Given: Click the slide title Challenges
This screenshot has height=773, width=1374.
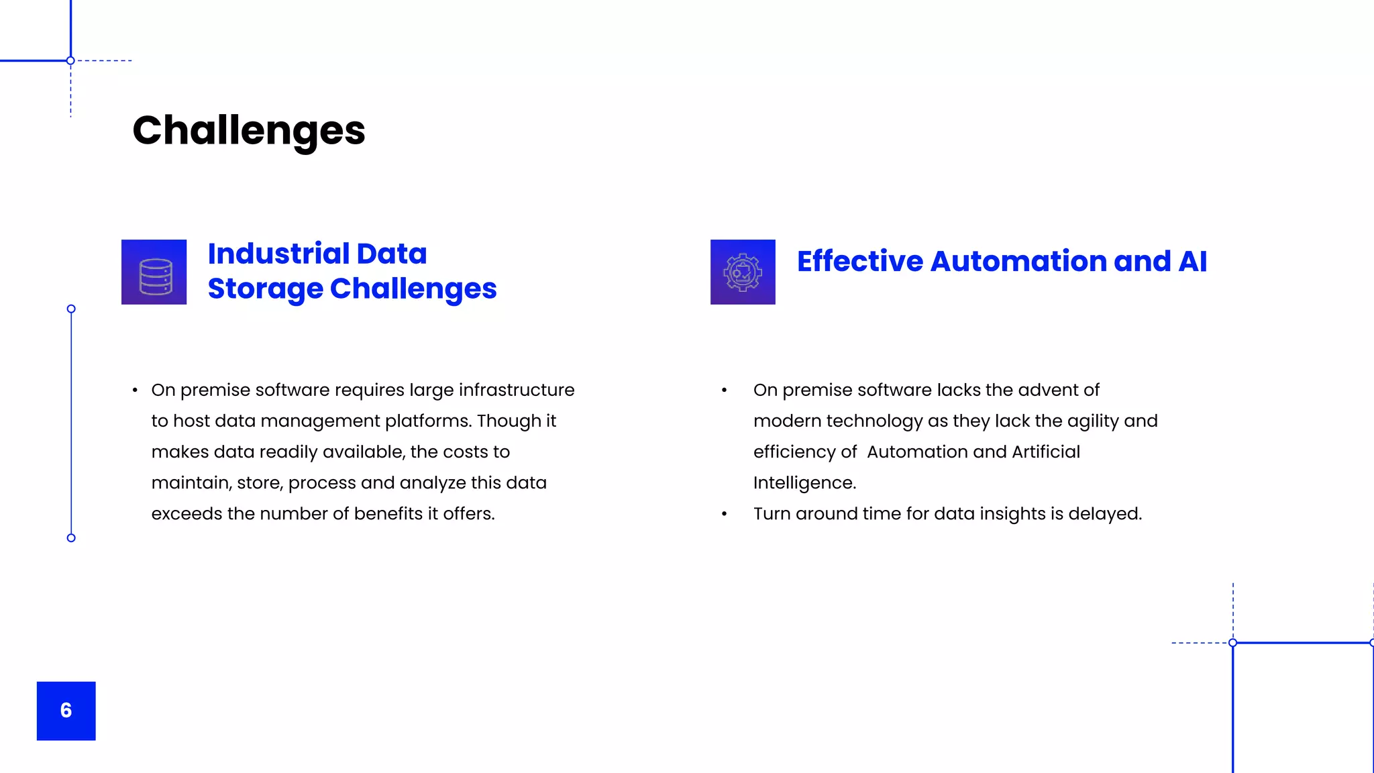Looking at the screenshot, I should coord(249,130).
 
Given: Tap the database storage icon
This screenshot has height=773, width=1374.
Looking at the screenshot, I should coord(154,272).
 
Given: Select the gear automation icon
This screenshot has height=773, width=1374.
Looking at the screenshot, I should coord(743,272).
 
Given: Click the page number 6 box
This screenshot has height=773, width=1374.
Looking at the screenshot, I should coord(66,711).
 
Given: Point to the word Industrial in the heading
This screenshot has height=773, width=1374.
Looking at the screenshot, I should coord(279,254).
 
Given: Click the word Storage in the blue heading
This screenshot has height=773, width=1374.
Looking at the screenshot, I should coord(266,289).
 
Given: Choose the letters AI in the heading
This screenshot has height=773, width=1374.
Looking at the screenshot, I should coord(1192,261).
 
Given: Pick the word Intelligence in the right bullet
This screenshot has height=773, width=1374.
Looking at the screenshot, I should coord(804,482).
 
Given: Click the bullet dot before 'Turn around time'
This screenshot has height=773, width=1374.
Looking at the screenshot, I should coord(725,515).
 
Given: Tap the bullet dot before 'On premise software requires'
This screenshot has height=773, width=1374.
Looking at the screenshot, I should coord(136,391).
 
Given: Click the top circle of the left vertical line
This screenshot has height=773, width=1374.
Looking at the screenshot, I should coord(71,309).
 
